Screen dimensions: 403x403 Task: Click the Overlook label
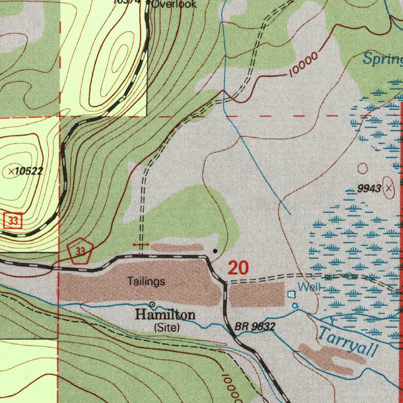[174, 4]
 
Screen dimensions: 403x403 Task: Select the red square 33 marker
[13, 221]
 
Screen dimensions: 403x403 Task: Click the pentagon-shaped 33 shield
[80, 251]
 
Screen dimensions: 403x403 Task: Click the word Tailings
[146, 281]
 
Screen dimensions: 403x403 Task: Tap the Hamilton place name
[165, 315]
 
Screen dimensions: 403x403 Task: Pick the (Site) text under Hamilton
[167, 327]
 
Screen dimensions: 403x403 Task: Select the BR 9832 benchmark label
[255, 327]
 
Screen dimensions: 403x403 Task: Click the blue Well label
[309, 287]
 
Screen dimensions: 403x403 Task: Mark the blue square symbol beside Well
[291, 294]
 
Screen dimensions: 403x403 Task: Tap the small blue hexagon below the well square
[295, 305]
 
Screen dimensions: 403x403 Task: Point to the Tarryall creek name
[347, 342]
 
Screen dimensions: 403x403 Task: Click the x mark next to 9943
[389, 189]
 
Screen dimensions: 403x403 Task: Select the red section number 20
[238, 268]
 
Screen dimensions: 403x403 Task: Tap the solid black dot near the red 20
[215, 251]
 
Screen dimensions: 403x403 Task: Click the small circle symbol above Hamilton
[152, 304]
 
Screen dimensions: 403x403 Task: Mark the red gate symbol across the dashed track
[141, 245]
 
